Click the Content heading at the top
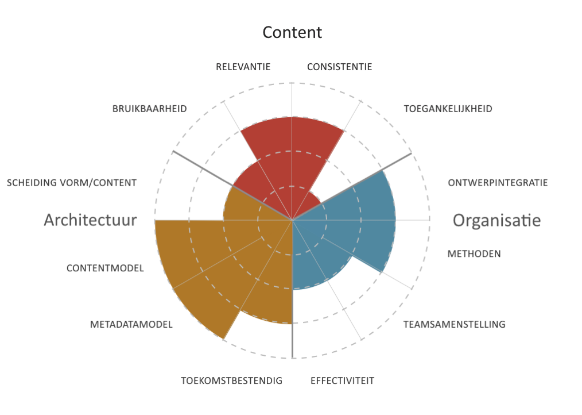[292, 32]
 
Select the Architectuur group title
[90, 220]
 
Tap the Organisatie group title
[496, 220]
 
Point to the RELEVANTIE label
[243, 67]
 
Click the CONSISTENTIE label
[339, 67]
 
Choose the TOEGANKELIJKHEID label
[448, 109]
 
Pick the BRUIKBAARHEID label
[150, 109]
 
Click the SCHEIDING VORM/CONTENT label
[72, 183]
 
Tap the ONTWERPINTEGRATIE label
[498, 183]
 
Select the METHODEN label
[474, 253]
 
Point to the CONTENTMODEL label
[105, 268]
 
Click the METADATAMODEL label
[131, 324]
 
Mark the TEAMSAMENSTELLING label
[455, 324]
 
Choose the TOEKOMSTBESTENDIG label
[232, 381]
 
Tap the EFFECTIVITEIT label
[342, 381]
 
